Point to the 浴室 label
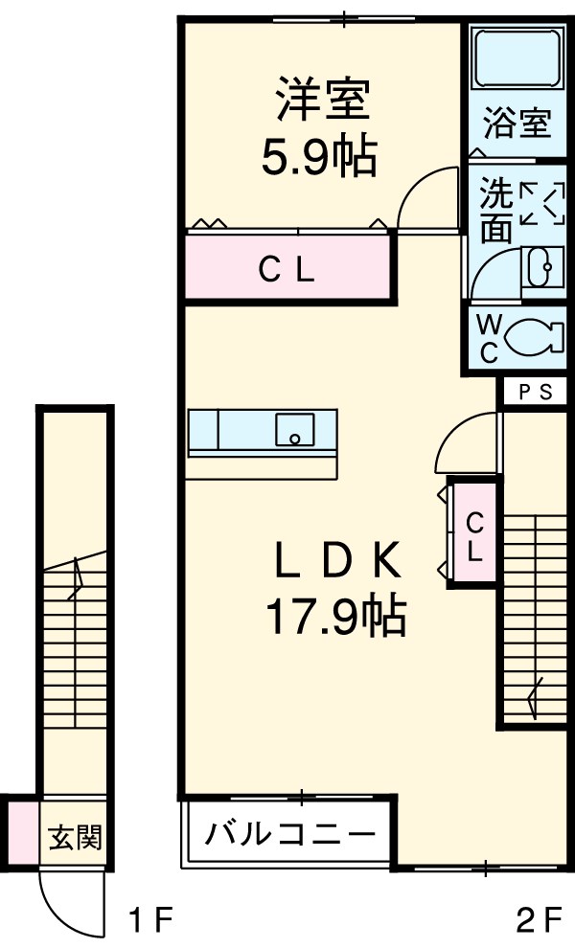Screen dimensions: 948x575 tap(517, 124)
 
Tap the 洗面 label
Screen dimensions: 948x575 tap(495, 211)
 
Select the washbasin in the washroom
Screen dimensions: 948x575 tap(542, 267)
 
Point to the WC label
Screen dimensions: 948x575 tap(488, 338)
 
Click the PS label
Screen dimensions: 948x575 tap(536, 391)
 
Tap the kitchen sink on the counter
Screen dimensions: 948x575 tap(295, 429)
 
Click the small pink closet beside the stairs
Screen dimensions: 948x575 tap(474, 535)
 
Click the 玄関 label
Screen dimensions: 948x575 tap(74, 838)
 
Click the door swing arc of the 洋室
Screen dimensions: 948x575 tap(426, 199)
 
